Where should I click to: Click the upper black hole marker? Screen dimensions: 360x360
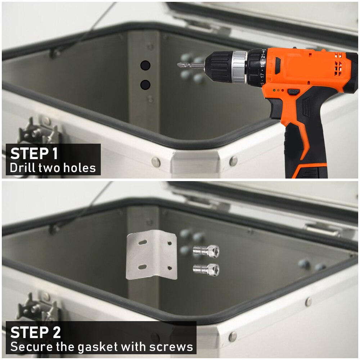[145, 66]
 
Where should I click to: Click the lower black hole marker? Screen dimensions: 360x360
[145, 85]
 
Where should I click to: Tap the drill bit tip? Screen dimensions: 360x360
[178, 65]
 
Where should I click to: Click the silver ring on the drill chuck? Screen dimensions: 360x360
[239, 67]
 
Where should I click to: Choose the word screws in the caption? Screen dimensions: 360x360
[171, 346]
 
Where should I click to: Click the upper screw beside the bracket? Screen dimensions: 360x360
[206, 251]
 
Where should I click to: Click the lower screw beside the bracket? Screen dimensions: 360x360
[206, 269]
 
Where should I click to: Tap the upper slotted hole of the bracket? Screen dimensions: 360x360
[143, 242]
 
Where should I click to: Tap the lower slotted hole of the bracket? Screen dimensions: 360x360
[142, 267]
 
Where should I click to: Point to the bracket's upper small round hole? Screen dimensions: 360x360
[170, 243]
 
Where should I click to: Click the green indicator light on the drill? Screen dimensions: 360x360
[274, 90]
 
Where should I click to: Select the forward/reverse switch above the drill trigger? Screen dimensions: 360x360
[293, 92]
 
